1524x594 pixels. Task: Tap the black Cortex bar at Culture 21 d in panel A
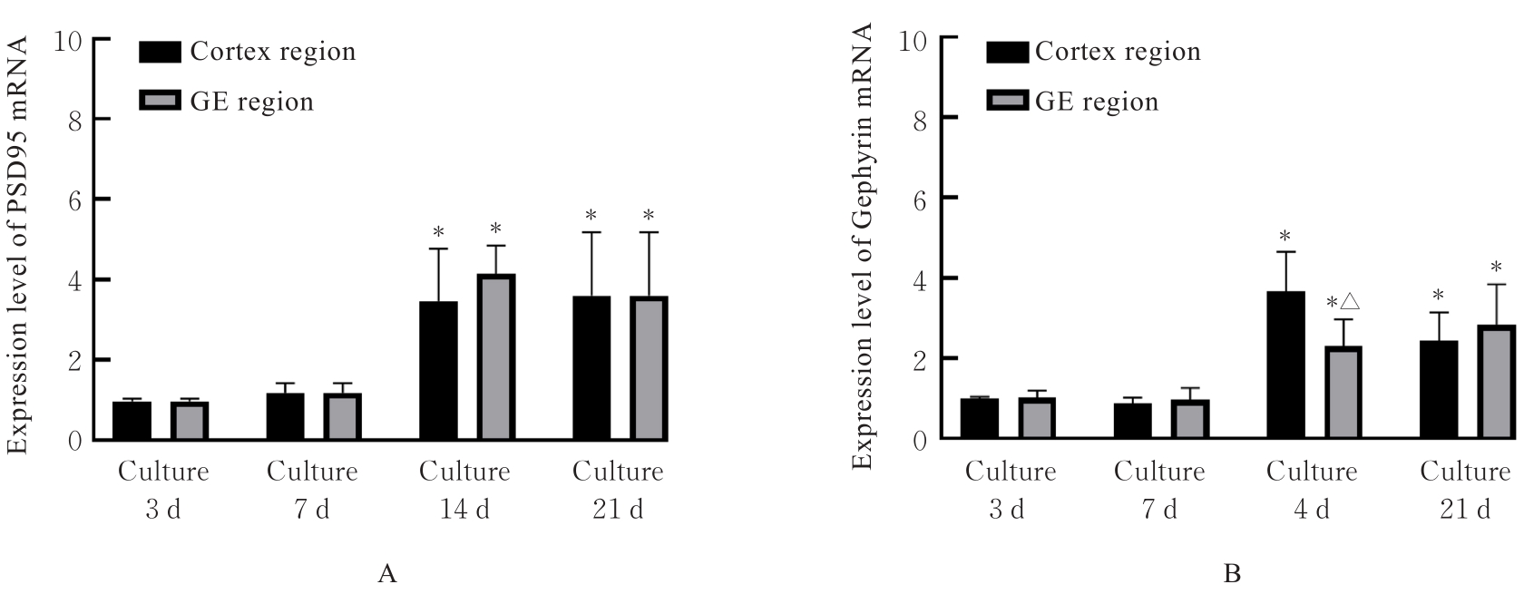[x=591, y=367]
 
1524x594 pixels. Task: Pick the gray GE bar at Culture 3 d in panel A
[x=190, y=421]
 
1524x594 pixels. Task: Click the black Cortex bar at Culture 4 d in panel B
[x=1285, y=365]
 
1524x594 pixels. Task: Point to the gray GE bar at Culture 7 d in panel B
[x=1190, y=420]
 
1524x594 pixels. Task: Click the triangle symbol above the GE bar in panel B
[x=1349, y=301]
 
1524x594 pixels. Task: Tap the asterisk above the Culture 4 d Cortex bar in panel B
[x=1285, y=239]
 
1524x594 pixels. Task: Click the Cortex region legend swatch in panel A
[x=161, y=52]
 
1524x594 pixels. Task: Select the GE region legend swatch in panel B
[x=1009, y=101]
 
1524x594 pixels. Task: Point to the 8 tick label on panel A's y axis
[x=74, y=119]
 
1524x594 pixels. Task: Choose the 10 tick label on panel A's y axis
[x=69, y=40]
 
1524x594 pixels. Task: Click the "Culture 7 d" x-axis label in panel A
[x=312, y=491]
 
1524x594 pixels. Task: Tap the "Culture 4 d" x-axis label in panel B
[x=1312, y=491]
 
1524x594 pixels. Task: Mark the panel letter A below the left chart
[x=387, y=574]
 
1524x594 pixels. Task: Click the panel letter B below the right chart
[x=1232, y=574]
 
